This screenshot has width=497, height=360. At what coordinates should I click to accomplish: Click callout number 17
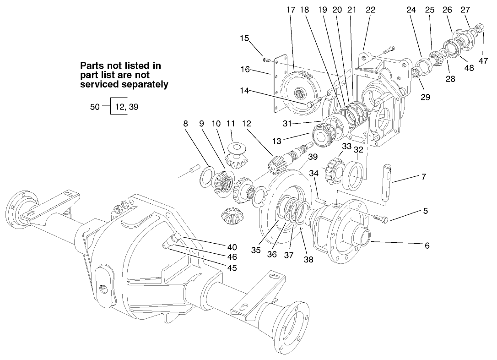291,10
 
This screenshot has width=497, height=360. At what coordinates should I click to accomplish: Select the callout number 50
95,107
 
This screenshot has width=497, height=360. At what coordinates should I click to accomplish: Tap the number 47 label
483,60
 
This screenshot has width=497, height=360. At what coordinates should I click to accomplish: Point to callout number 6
427,245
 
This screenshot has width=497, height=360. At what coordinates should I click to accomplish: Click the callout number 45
232,268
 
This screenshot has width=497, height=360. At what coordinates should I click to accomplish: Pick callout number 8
186,124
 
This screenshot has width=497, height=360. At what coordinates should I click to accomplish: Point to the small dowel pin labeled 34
320,200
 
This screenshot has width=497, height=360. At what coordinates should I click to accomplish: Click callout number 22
370,10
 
